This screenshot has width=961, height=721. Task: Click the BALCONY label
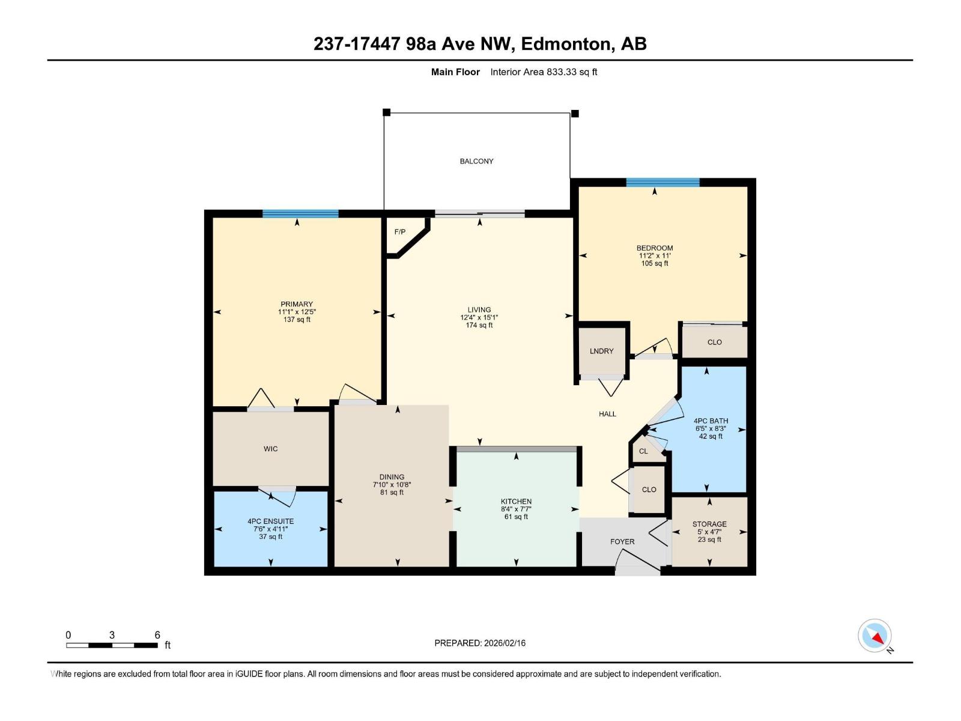pyautogui.click(x=476, y=161)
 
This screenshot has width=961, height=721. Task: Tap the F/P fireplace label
pyautogui.click(x=399, y=232)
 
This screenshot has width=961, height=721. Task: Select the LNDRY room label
pyautogui.click(x=601, y=351)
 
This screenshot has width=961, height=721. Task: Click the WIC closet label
pyautogui.click(x=270, y=449)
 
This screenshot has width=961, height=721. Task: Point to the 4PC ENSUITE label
pyautogui.click(x=270, y=522)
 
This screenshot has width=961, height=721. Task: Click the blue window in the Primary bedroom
pyautogui.click(x=300, y=213)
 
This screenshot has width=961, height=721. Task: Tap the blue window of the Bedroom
pyautogui.click(x=662, y=182)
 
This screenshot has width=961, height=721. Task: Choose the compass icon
pyautogui.click(x=875, y=636)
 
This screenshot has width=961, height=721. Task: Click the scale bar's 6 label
pyautogui.click(x=157, y=635)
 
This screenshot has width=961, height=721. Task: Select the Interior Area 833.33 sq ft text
pyautogui.click(x=544, y=72)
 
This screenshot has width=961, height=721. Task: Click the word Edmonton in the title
pyautogui.click(x=566, y=44)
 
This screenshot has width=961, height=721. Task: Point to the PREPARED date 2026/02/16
pyautogui.click(x=503, y=643)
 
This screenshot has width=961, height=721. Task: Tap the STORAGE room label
pyautogui.click(x=709, y=524)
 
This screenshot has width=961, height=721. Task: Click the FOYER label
pyautogui.click(x=622, y=541)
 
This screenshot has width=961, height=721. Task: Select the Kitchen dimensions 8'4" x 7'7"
pyautogui.click(x=516, y=509)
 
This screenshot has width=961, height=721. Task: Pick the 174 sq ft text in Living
pyautogui.click(x=479, y=325)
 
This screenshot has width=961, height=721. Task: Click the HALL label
pyautogui.click(x=607, y=414)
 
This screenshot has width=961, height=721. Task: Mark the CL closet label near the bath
pyautogui.click(x=643, y=451)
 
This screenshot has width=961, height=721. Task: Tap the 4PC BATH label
pyautogui.click(x=711, y=421)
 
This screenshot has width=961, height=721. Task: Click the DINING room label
pyautogui.click(x=392, y=477)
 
